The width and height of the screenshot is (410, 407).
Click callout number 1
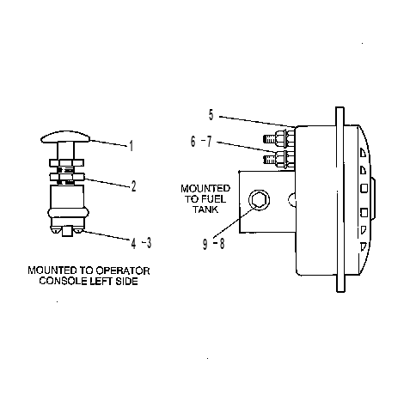[132, 146]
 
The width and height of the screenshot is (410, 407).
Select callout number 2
[133, 186]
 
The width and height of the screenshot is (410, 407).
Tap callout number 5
[211, 115]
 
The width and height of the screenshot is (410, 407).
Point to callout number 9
[205, 245]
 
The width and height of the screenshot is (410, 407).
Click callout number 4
[134, 244]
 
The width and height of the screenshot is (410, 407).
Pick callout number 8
[222, 244]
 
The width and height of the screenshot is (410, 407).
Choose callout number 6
[193, 142]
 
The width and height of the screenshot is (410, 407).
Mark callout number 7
[209, 142]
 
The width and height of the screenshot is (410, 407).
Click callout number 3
[149, 243]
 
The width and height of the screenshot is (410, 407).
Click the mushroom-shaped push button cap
[65, 137]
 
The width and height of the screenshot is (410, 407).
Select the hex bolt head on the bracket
[259, 199]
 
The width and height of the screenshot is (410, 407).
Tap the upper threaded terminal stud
[269, 139]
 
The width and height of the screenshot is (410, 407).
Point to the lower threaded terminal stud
[269, 160]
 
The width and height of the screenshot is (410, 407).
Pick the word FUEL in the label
[214, 199]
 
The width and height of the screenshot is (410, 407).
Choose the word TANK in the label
[205, 210]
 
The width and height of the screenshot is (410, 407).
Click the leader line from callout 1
[108, 143]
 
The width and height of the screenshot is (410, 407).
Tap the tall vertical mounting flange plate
[340, 199]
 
